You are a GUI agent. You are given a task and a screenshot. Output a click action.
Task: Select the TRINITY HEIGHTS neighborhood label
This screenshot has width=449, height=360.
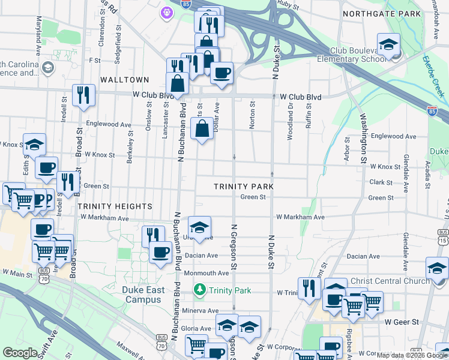[115, 206]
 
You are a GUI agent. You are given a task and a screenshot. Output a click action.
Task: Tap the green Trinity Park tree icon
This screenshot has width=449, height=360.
[199, 290]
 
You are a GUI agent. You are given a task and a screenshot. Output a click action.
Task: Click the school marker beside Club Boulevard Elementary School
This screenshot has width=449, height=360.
[389, 46]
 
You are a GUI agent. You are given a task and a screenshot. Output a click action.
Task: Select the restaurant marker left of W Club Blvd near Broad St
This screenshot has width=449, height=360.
[83, 95]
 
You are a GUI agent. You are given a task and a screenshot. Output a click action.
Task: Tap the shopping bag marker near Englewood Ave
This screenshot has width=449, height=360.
[202, 129]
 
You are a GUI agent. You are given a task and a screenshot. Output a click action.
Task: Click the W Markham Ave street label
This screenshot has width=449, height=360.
[300, 217]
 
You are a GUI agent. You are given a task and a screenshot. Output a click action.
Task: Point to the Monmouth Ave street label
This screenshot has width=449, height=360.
[206, 272]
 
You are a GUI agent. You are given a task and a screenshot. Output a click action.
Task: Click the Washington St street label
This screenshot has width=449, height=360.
[363, 139]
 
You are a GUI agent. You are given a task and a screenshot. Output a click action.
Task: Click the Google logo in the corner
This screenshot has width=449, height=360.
[20, 353]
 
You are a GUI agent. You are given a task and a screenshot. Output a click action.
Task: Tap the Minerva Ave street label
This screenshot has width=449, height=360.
[205, 310]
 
